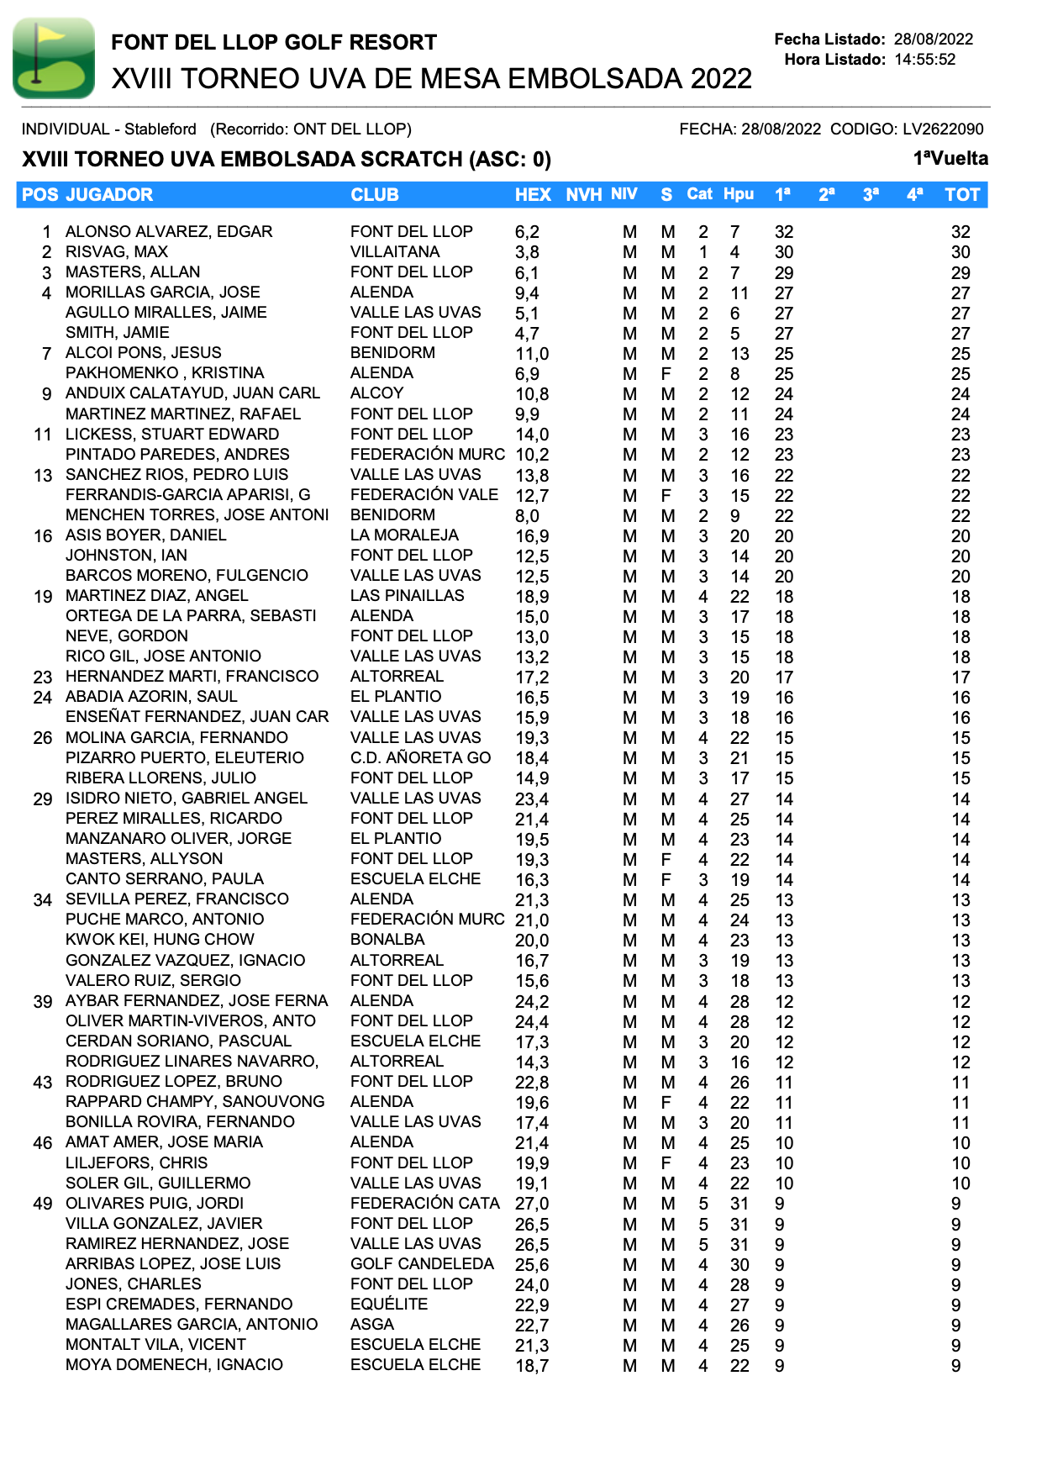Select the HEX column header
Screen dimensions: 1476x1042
tap(533, 195)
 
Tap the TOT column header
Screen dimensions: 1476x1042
tap(961, 195)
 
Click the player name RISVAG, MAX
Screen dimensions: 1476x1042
tap(117, 252)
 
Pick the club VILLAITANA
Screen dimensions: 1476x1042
tap(395, 252)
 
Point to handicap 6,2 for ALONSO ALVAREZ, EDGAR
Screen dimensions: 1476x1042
tap(527, 232)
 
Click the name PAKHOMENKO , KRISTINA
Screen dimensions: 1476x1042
tap(165, 373)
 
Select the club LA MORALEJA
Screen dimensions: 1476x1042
tap(404, 535)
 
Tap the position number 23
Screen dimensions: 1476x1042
tap(43, 677)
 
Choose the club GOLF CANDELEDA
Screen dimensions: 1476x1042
tap(422, 1264)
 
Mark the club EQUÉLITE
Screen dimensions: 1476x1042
tap(389, 1305)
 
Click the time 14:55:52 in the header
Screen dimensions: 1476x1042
tap(924, 60)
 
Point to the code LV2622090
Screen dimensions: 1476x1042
tap(943, 129)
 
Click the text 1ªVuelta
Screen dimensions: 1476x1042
tap(950, 159)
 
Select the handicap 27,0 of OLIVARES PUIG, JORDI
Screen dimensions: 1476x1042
tap(532, 1204)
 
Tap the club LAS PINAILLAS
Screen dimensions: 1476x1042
tap(407, 596)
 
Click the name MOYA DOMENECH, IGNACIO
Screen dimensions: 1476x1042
tap(174, 1365)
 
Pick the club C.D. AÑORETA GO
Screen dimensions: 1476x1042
tap(420, 758)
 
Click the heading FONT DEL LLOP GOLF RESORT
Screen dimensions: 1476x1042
tap(274, 42)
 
